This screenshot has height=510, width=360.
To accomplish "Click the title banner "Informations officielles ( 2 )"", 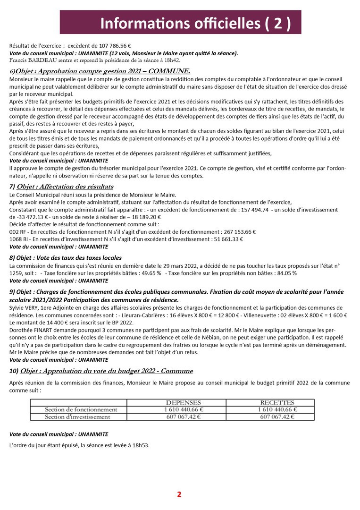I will pos(180,22).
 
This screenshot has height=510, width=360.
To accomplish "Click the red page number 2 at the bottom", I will pos(179,494).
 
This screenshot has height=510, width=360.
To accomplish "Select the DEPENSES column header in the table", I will pos(183,402).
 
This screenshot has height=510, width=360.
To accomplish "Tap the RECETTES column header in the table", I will pos(277,402).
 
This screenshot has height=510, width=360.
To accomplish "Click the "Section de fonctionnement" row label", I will pos(81,409).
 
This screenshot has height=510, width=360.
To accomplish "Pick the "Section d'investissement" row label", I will pos(77,417).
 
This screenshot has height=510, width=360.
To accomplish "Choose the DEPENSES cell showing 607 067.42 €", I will pos(183,417).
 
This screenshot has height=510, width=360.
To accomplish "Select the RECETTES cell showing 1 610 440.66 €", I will pos(277,409).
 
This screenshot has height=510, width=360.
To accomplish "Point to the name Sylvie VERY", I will pos(24,308).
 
